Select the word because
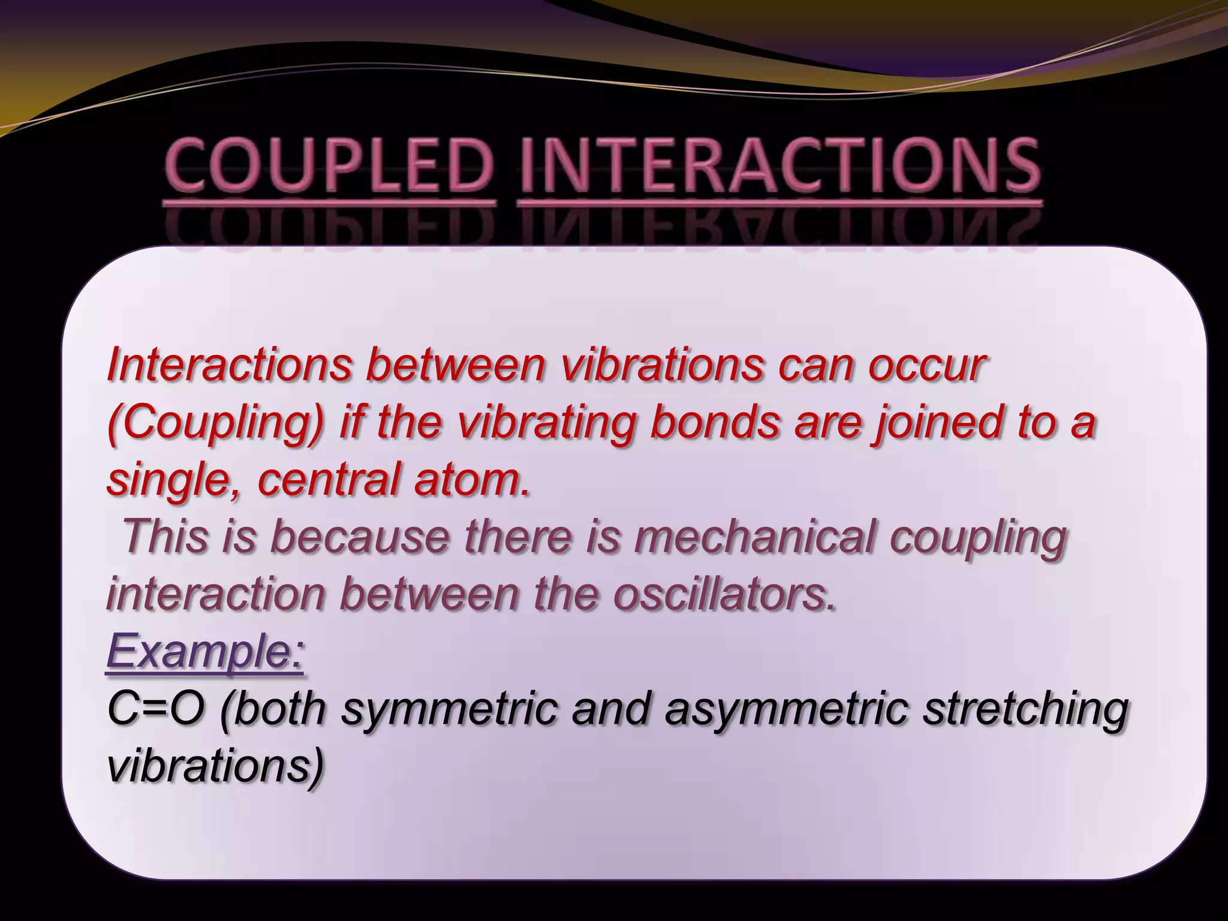[360, 536]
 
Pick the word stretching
[1025, 710]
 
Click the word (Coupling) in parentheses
[216, 423]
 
